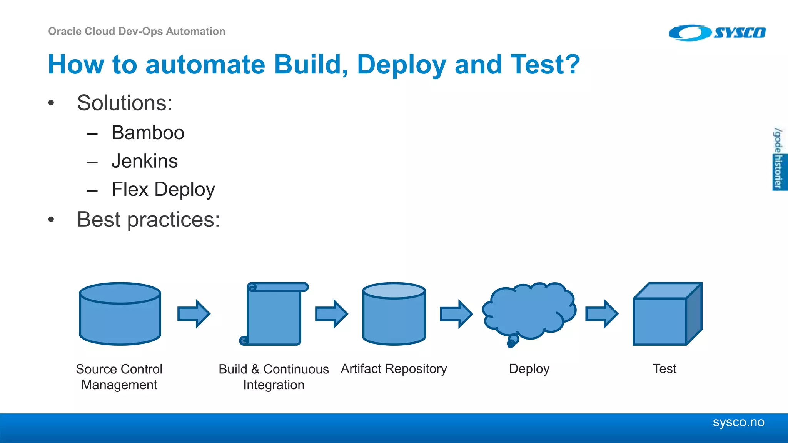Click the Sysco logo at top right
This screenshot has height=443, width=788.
coord(717,33)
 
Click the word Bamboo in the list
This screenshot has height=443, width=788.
coord(148,133)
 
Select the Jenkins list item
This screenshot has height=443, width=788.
coord(144,161)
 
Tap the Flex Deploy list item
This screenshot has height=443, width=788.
coord(163,190)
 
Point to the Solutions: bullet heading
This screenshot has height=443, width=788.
coord(124,103)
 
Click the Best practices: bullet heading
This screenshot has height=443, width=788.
coord(148,220)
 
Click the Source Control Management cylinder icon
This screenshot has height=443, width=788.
coord(120,314)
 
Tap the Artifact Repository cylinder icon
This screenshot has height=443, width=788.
coord(394,314)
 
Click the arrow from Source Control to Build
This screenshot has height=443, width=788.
coord(194,314)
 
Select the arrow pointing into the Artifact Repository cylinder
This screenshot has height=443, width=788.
coord(332,314)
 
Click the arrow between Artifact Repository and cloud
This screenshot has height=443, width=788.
coord(456,314)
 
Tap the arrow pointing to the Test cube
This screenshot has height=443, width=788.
coord(602,314)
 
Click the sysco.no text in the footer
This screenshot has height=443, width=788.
coord(738,422)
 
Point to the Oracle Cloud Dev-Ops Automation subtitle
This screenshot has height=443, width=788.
coord(137,32)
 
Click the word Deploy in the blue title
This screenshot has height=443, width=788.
coord(401,64)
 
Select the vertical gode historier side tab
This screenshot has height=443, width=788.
coord(779,159)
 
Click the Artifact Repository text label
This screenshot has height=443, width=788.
coord(394,369)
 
